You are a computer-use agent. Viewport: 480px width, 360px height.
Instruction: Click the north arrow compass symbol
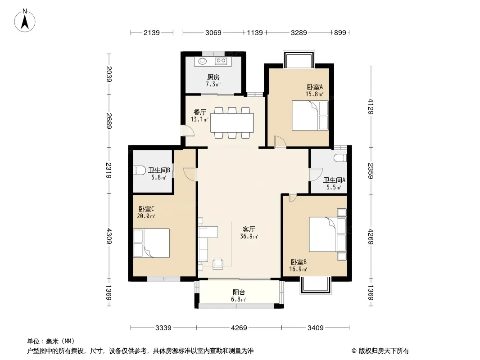coord(25,21)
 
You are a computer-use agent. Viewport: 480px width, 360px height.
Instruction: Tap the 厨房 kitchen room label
coord(213,77)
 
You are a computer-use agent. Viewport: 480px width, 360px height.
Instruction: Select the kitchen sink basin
coord(202,61)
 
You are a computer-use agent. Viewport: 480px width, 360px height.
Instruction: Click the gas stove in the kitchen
coord(221,61)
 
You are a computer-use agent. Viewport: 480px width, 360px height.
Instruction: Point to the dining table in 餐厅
coord(232,122)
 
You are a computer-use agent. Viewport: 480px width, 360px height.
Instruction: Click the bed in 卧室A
coord(310,116)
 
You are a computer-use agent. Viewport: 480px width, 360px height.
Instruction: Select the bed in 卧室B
coord(327,234)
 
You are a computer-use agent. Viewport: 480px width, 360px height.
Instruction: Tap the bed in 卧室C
coord(152,243)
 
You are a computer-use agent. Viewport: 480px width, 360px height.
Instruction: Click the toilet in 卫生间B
coord(139,170)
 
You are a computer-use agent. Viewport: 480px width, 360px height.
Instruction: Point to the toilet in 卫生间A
coord(340,158)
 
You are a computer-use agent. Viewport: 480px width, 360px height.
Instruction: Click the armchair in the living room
coord(217,264)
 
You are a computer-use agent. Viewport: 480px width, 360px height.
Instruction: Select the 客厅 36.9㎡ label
coord(249,233)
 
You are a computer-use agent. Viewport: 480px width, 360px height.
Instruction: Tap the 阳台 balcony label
coord(239,292)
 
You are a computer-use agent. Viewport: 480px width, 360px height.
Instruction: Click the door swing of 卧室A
coord(280,142)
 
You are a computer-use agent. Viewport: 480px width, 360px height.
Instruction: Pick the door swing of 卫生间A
coord(316,174)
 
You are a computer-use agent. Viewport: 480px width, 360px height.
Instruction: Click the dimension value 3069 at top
coord(213,32)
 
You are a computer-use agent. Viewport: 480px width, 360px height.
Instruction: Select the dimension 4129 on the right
coord(371,107)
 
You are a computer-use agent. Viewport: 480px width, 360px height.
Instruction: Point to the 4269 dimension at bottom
coord(239,328)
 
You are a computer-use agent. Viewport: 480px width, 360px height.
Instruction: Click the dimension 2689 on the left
coord(109,121)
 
